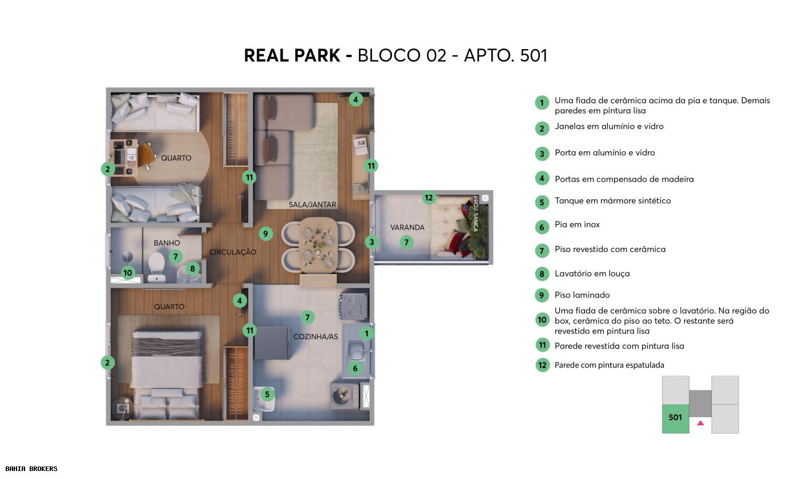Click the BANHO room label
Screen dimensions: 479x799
point(167,243)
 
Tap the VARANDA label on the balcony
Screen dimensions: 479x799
point(407,227)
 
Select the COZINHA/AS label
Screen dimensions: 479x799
point(316,336)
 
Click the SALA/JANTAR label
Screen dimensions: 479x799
point(312,204)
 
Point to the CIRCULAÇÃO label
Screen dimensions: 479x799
point(232,252)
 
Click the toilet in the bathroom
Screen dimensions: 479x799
point(156,266)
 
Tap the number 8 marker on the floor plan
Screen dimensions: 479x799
point(192,268)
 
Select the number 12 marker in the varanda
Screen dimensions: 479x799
point(429,198)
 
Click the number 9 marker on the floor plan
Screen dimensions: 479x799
point(265,233)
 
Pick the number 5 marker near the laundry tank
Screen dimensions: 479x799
point(267,393)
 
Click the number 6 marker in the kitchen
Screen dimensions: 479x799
point(355,368)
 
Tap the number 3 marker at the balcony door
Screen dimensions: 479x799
point(372,242)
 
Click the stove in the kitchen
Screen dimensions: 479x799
point(354,306)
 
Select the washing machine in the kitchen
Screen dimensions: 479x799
point(344,395)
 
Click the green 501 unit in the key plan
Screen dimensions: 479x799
point(675,417)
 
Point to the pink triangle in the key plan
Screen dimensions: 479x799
point(700,423)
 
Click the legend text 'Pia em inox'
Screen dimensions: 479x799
point(577,224)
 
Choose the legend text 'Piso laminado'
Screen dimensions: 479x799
point(582,295)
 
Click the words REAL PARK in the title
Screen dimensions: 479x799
point(292,55)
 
